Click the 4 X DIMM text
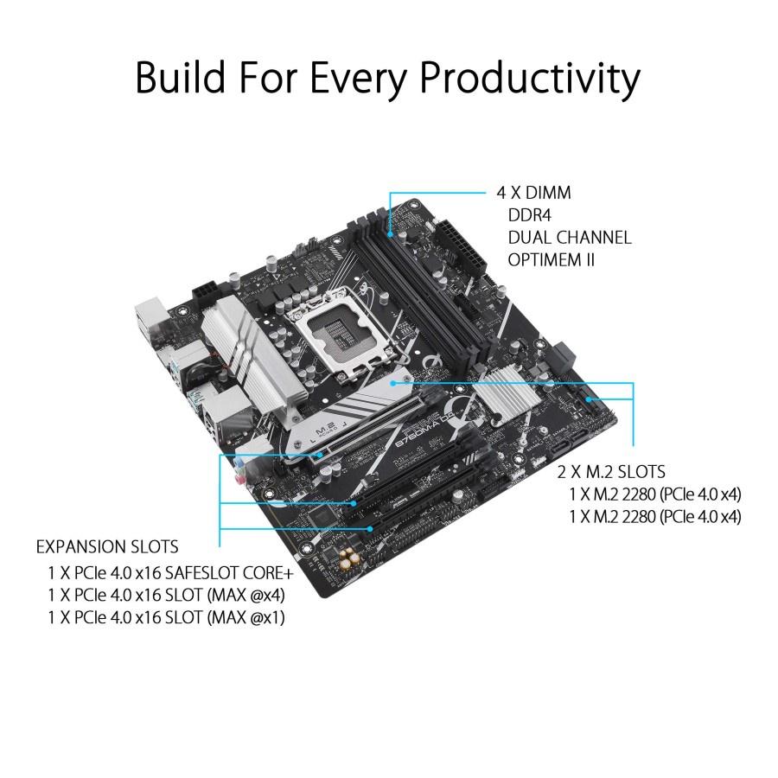tap(533, 192)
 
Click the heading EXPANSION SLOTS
tap(106, 547)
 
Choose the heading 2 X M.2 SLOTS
tap(611, 471)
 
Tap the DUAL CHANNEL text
tap(569, 237)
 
